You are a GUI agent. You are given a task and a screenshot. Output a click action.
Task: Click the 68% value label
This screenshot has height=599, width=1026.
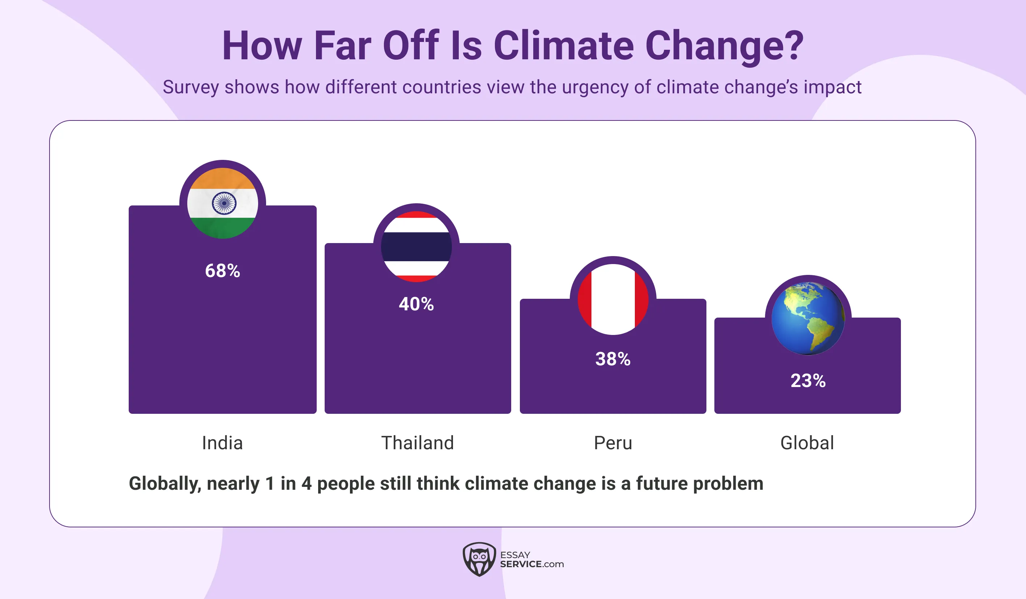click(222, 271)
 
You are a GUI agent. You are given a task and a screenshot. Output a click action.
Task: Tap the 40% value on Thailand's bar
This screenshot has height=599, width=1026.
click(416, 304)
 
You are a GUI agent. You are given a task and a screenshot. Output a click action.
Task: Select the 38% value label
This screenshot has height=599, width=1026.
click(613, 359)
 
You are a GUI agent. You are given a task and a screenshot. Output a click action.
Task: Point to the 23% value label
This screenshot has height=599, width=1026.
click(808, 381)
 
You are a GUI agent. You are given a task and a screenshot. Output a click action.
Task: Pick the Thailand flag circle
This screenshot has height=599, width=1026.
click(416, 247)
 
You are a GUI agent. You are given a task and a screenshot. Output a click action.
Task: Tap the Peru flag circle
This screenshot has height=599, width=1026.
click(613, 299)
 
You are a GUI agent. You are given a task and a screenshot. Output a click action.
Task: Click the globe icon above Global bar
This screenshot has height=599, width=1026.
click(808, 318)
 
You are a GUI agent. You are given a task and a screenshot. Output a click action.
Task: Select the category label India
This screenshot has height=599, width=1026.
click(222, 443)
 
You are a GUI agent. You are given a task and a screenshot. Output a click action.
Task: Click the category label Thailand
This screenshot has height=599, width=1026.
click(417, 443)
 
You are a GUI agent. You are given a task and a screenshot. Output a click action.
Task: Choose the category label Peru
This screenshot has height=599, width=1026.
click(613, 443)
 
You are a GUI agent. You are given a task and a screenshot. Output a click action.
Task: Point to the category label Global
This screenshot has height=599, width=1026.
click(807, 443)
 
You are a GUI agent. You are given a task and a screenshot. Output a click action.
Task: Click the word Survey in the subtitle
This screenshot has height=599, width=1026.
click(191, 88)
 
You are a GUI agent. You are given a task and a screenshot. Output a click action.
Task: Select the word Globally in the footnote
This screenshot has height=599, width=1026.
click(164, 484)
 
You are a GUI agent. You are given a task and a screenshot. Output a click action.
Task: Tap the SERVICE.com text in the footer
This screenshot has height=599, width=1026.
click(531, 564)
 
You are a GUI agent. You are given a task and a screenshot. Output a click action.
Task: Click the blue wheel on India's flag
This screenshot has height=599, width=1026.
click(223, 203)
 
